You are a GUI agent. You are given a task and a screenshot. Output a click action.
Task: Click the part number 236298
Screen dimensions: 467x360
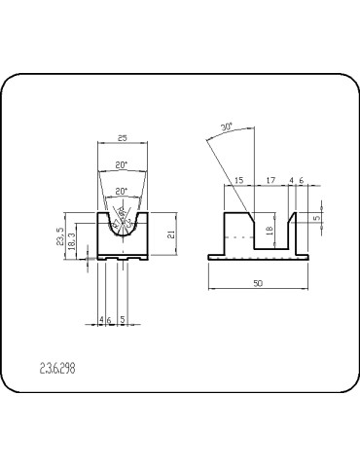(x=57, y=369)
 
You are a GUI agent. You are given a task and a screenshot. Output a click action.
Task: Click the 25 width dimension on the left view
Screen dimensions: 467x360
(x=122, y=138)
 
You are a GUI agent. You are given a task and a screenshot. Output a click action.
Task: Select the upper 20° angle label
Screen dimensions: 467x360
(x=122, y=165)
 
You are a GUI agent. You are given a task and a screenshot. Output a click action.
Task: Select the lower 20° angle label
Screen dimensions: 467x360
(x=122, y=191)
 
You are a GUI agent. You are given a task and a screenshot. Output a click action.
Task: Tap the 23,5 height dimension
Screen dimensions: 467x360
(x=61, y=236)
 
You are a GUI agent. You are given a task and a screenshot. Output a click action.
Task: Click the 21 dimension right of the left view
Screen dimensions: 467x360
(x=171, y=234)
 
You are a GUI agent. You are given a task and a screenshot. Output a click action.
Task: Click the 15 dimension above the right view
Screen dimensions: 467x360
(x=239, y=180)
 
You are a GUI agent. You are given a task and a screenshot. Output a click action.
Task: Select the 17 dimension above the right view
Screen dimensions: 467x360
(x=271, y=180)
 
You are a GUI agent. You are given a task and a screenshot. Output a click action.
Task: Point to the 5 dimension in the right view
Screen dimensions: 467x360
(x=317, y=218)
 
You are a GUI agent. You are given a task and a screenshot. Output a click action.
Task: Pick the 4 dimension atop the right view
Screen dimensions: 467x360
(x=291, y=180)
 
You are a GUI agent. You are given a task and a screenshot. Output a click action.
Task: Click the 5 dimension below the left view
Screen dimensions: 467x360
(x=122, y=319)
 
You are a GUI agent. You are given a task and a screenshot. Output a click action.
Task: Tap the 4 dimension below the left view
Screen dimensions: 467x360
(x=102, y=319)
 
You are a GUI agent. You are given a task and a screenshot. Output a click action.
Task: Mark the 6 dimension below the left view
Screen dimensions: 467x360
(x=110, y=319)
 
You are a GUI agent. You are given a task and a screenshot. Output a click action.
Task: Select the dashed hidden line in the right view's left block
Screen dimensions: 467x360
(x=234, y=234)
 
